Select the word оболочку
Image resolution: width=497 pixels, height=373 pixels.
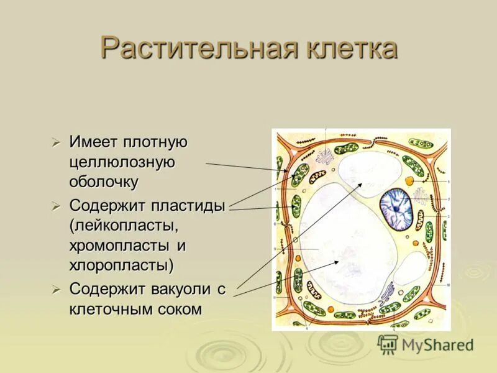coord(104,183)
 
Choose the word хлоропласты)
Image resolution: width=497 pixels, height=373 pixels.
coord(122,265)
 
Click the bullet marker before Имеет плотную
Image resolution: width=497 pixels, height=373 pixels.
coord(57,143)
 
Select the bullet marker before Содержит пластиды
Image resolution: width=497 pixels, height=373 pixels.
coord(57,206)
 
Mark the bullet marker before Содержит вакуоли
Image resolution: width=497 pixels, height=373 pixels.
coord(57,289)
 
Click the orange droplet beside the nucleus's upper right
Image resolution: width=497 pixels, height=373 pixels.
coord(409,181)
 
